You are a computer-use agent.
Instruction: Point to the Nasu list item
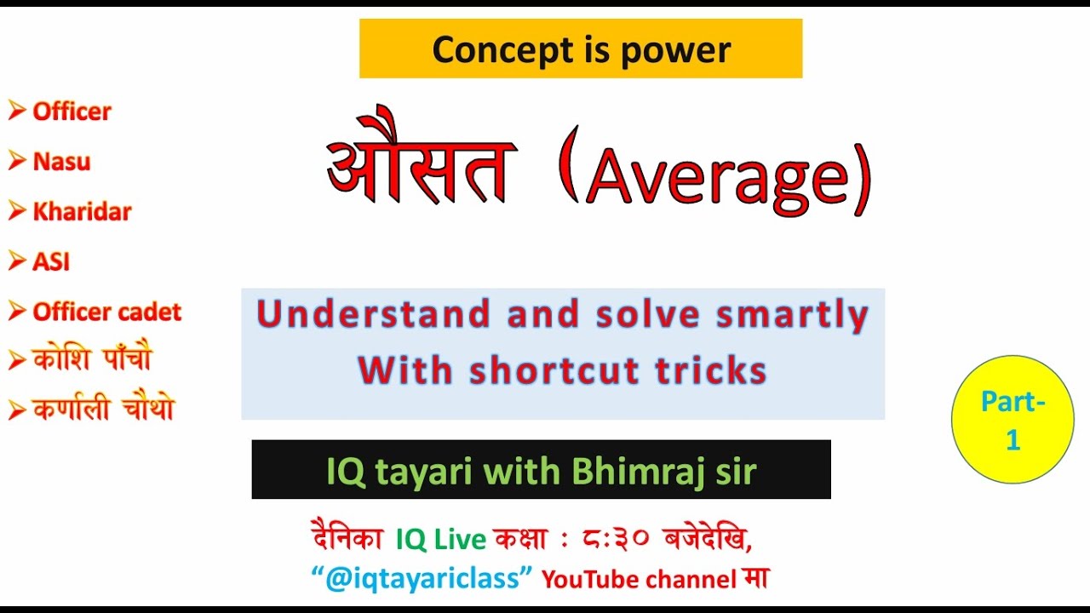[61, 162]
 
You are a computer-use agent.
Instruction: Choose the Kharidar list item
[82, 212]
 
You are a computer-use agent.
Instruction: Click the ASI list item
[51, 262]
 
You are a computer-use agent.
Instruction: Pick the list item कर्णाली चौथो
[102, 410]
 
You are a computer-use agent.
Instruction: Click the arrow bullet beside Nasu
[17, 162]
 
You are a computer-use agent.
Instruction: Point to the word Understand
[374, 315]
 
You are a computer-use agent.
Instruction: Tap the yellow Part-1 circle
[1013, 420]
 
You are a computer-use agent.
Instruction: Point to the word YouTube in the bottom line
[592, 580]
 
